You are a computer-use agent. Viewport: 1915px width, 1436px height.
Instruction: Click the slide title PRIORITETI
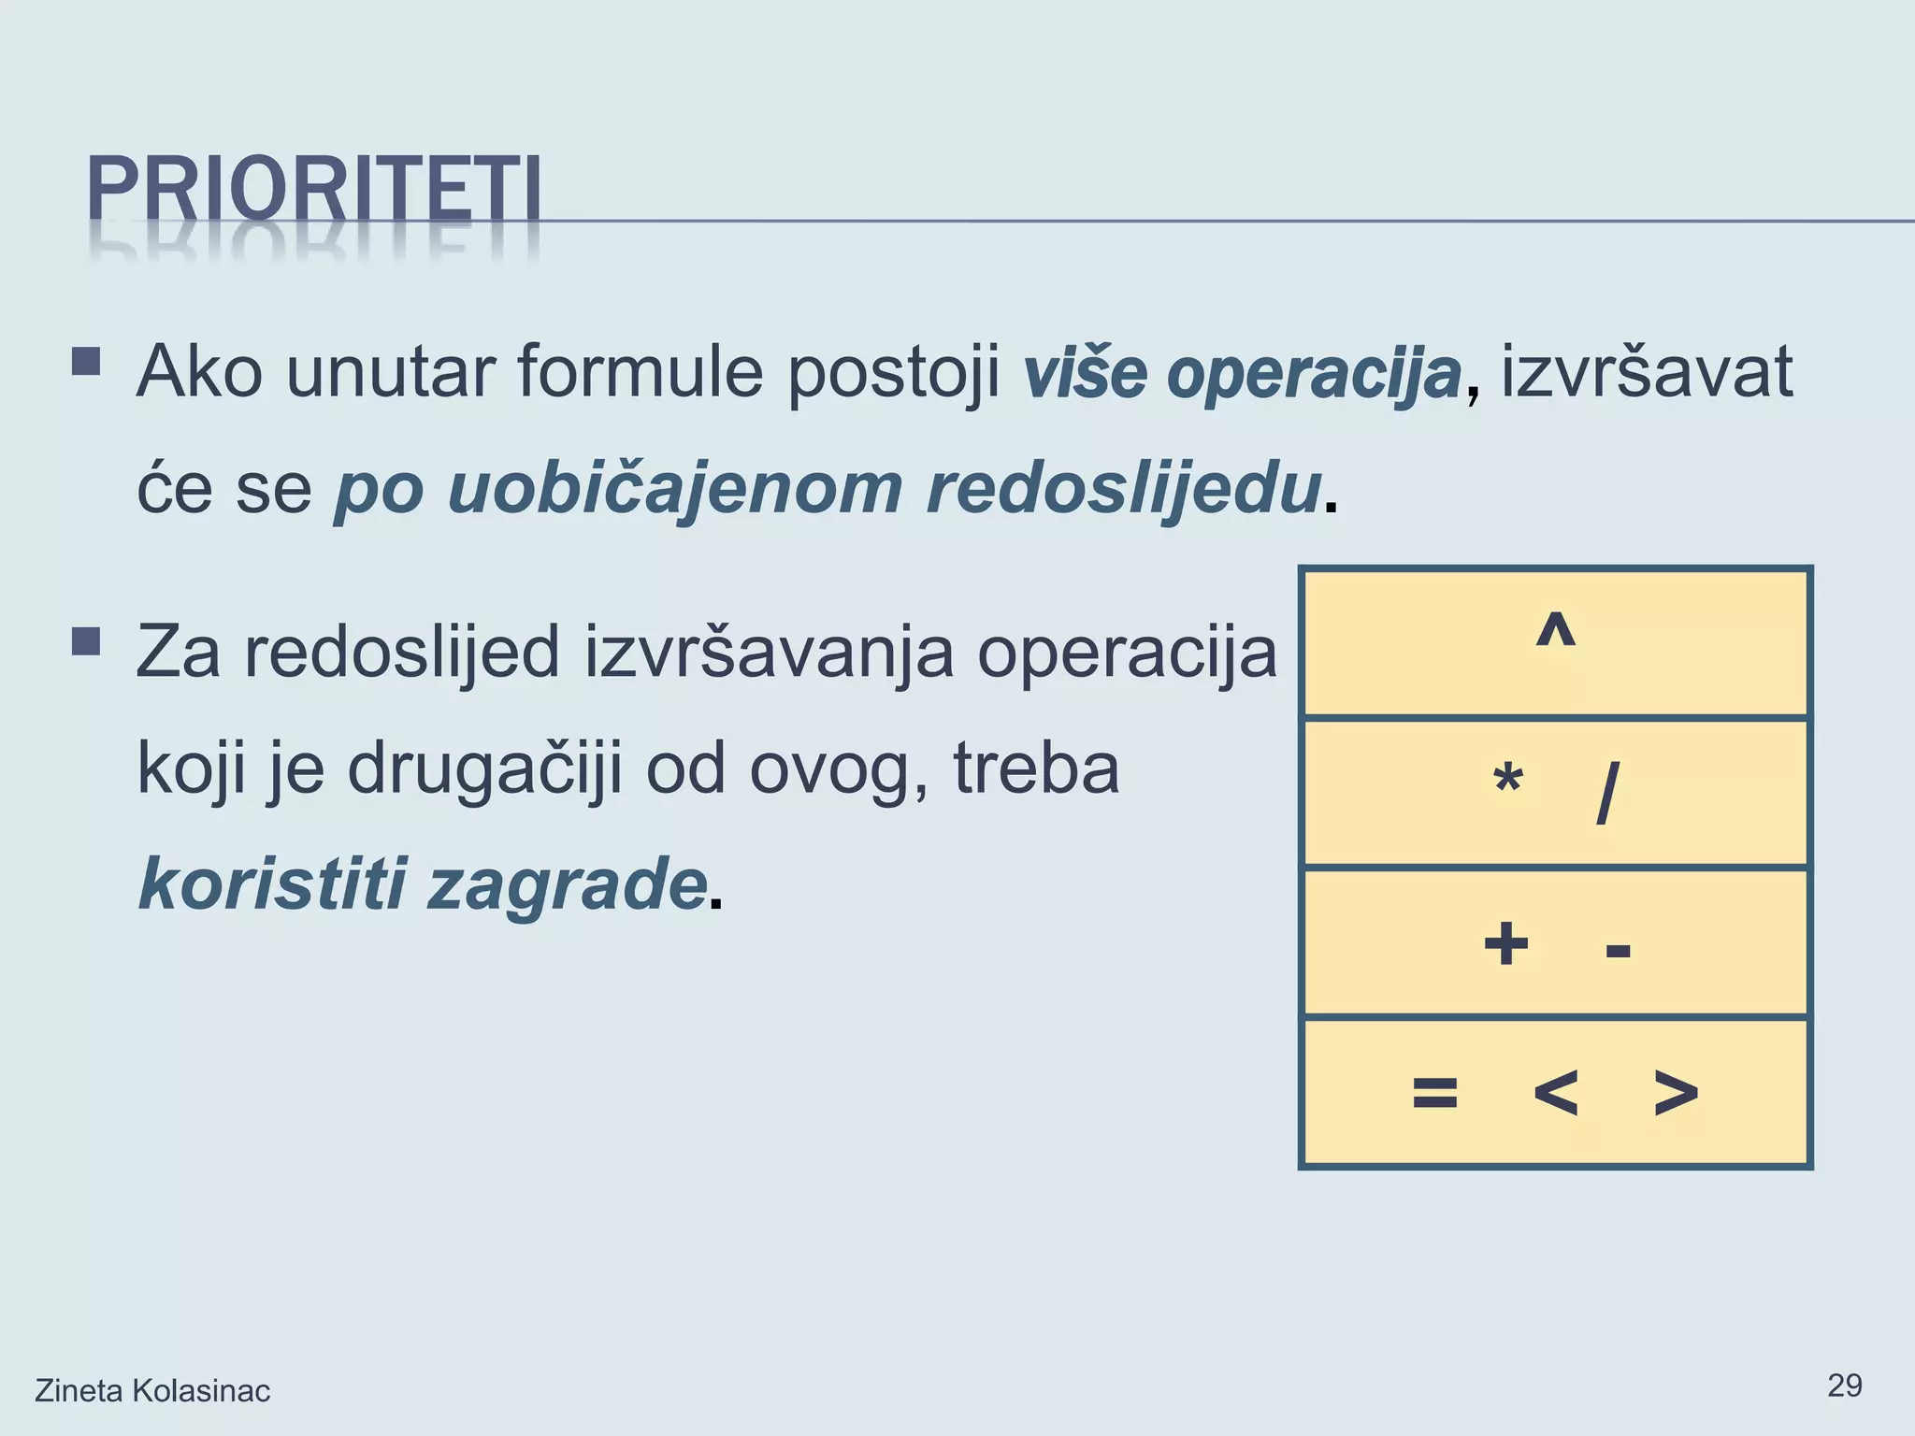pyautogui.click(x=314, y=190)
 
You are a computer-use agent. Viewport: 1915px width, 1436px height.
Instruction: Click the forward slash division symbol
pyautogui.click(x=1607, y=793)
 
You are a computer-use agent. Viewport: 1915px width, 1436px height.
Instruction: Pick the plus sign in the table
pyautogui.click(x=1506, y=943)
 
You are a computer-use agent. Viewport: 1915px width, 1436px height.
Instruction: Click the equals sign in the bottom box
pyautogui.click(x=1435, y=1092)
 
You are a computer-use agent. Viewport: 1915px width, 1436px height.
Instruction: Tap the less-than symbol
pyautogui.click(x=1556, y=1092)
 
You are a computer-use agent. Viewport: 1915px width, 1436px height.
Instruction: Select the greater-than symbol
pyautogui.click(x=1676, y=1092)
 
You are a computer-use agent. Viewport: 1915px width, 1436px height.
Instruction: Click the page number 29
pyautogui.click(x=1844, y=1386)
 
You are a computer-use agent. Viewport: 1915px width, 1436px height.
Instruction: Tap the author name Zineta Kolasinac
pyautogui.click(x=152, y=1391)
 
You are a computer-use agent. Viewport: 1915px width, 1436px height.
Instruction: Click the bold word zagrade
pyautogui.click(x=567, y=884)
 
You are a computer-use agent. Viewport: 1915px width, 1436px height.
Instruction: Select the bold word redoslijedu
pyautogui.click(x=1123, y=488)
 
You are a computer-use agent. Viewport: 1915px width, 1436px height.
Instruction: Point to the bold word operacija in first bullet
pyautogui.click(x=1314, y=372)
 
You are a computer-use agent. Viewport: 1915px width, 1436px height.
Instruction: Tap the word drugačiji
pyautogui.click(x=484, y=769)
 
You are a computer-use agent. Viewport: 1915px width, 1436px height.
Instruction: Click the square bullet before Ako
pyautogui.click(x=86, y=362)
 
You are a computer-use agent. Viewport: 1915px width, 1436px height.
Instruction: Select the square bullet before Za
pyautogui.click(x=86, y=642)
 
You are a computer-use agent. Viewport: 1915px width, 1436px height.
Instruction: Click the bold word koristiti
pyautogui.click(x=273, y=884)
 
